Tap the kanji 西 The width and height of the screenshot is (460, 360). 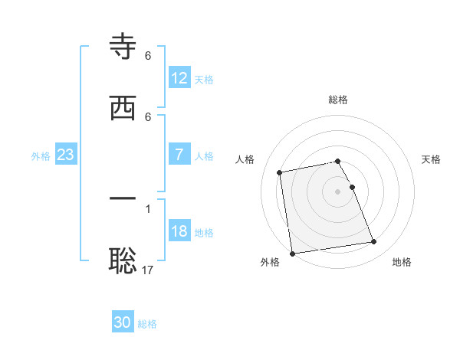[123, 108]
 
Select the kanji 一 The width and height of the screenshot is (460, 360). [123, 198]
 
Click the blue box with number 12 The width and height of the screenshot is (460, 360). [179, 78]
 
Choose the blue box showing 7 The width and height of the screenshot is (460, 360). [179, 155]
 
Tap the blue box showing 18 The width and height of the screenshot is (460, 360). [179, 231]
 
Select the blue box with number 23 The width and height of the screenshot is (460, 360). [66, 155]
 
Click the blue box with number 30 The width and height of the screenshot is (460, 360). [123, 322]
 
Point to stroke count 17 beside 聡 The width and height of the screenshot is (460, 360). [149, 270]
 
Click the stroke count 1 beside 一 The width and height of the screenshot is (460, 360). [148, 208]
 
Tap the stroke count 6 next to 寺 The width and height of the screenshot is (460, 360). [148, 56]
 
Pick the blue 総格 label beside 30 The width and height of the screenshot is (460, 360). [147, 324]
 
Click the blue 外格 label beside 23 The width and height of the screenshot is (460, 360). [41, 155]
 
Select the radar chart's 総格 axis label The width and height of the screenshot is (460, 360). [338, 100]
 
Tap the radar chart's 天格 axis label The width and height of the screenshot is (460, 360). [431, 159]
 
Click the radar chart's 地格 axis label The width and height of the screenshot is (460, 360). [402, 262]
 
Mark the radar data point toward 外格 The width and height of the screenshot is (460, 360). [292, 253]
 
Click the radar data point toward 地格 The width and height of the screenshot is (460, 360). [373, 242]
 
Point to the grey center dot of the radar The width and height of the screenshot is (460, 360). [338, 191]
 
